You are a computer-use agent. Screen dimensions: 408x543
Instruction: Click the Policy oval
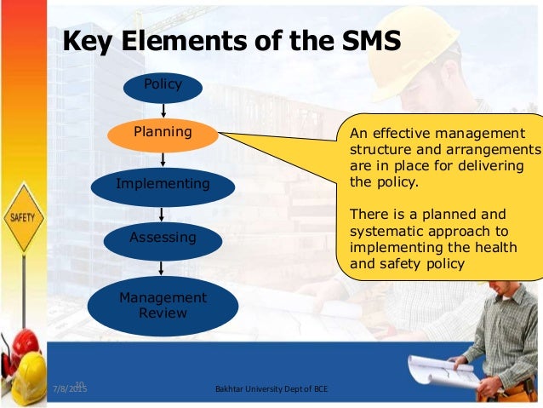(163, 86)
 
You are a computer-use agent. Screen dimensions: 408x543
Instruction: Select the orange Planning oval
(163, 134)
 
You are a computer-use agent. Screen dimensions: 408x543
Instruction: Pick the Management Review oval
(163, 306)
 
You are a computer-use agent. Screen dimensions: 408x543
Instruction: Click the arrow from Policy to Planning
(163, 109)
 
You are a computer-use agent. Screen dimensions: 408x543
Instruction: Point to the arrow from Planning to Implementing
(163, 159)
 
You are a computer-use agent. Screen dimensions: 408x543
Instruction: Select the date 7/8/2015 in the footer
(69, 390)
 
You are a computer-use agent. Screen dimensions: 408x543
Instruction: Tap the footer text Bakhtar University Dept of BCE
(271, 390)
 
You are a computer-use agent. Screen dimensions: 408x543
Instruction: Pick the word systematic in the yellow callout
(390, 231)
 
